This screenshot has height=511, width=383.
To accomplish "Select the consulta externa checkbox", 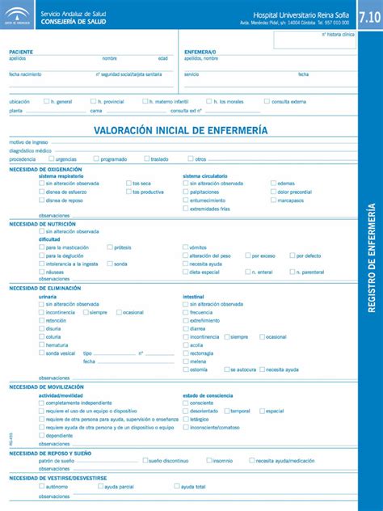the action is tap(267, 102).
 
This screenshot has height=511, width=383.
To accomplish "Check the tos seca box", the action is tap(128, 184).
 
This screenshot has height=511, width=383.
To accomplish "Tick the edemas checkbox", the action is tap(271, 184).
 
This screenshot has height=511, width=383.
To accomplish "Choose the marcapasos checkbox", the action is tap(271, 200).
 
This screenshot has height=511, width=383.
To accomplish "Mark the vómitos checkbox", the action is tap(186, 247).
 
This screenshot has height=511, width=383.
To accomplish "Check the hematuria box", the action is tap(41, 345).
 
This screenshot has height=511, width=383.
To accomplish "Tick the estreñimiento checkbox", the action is tap(186, 320).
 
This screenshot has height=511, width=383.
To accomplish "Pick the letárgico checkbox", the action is tap(186, 419).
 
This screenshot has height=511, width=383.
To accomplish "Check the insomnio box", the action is tap(208, 460).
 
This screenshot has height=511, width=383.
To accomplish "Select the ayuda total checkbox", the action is tap(177, 487).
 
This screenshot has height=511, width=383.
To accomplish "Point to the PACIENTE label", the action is tap(21, 51).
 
